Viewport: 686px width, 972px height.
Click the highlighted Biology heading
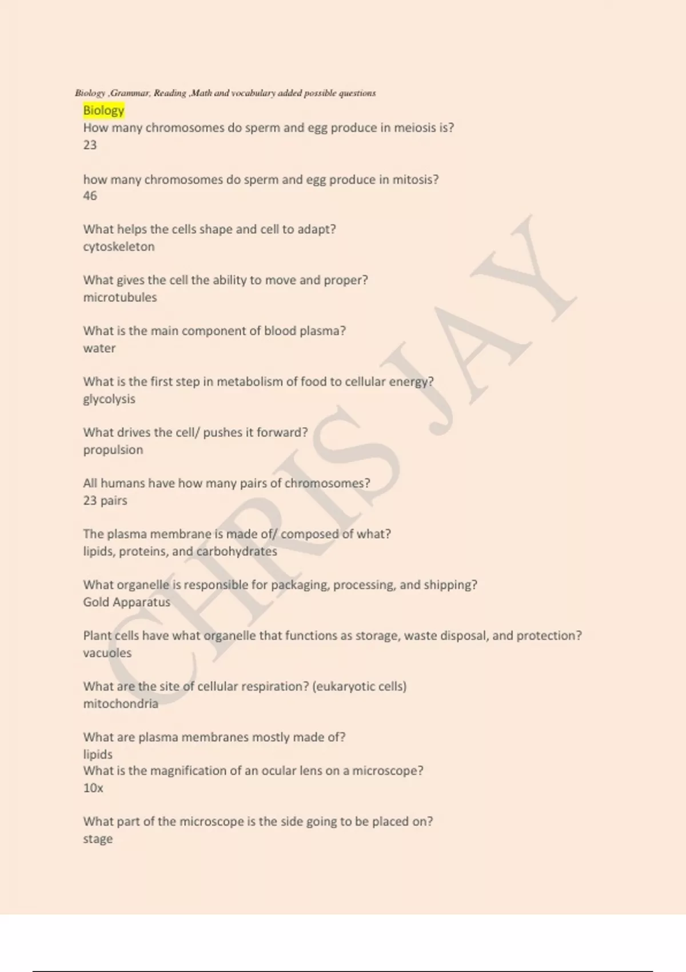[103, 110]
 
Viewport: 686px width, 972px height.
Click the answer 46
[90, 196]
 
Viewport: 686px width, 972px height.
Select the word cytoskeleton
[119, 246]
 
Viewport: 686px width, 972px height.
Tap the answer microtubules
[120, 297]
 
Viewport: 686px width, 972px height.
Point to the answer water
[99, 348]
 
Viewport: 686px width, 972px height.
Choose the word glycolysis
[109, 399]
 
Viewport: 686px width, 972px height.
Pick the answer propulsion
[113, 450]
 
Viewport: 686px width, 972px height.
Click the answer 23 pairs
[105, 500]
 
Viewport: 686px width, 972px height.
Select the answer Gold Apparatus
[126, 602]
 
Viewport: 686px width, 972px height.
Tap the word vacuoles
[107, 653]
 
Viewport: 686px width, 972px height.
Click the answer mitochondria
[121, 704]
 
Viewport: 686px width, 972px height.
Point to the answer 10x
[93, 788]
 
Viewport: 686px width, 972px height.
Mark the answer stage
[98, 839]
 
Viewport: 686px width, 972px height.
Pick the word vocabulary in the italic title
[253, 93]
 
